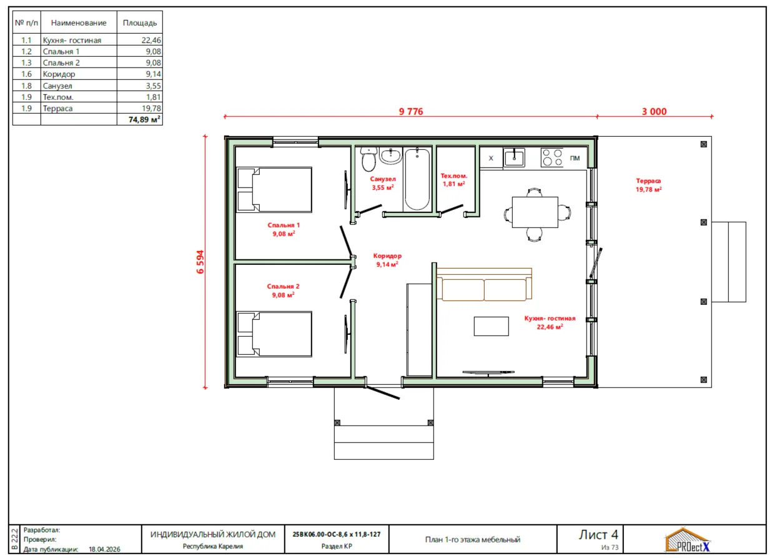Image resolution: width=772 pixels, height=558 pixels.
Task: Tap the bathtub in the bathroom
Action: click(417, 179)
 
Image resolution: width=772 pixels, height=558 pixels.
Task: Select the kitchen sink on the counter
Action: click(514, 157)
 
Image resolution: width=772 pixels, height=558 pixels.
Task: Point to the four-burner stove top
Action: click(552, 157)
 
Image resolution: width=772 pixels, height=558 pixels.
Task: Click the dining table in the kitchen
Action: click(535, 212)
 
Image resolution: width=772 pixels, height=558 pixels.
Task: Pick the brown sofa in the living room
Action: click(484, 284)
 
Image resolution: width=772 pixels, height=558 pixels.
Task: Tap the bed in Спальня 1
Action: click(274, 190)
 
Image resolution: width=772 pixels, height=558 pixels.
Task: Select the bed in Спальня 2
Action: click(274, 334)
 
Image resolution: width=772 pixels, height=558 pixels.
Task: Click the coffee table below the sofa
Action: click(492, 326)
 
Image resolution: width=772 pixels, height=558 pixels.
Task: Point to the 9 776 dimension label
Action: click(411, 111)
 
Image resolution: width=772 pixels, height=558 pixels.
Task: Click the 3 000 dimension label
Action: click(654, 111)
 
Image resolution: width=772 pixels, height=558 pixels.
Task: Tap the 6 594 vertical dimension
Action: click(200, 262)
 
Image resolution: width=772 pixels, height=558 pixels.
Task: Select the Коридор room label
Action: click(387, 256)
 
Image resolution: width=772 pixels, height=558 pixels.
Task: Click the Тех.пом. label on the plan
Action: click(454, 176)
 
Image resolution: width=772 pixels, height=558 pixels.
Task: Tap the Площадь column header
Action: click(140, 22)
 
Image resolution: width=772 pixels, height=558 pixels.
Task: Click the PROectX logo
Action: click(687, 540)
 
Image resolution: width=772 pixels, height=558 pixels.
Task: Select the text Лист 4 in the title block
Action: click(598, 534)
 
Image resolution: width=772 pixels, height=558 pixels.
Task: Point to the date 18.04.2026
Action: click(104, 549)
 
